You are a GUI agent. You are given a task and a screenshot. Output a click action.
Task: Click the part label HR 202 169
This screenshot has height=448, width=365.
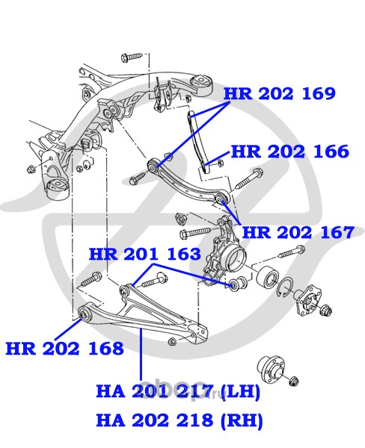[279, 94]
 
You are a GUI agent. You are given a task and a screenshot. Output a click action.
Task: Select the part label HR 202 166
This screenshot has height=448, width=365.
[289, 152]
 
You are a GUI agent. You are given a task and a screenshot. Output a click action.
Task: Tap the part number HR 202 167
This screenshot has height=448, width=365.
[298, 232]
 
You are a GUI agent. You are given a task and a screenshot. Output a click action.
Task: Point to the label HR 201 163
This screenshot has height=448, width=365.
[145, 254]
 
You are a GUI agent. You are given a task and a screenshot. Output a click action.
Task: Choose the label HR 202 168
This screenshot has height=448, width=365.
[65, 349]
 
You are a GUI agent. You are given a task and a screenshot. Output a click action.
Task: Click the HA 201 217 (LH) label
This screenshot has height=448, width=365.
[178, 391]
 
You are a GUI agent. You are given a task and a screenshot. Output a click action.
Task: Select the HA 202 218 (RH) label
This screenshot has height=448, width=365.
[180, 420]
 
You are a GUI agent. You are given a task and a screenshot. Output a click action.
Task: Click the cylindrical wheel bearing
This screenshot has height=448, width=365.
[268, 276]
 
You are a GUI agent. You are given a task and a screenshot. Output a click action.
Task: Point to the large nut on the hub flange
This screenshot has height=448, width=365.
[326, 309]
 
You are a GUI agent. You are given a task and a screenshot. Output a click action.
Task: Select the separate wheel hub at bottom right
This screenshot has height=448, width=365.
[271, 367]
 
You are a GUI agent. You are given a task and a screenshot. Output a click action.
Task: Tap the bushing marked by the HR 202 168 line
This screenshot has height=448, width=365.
[85, 314]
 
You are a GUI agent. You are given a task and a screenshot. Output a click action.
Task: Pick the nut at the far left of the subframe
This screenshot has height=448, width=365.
[31, 169]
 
